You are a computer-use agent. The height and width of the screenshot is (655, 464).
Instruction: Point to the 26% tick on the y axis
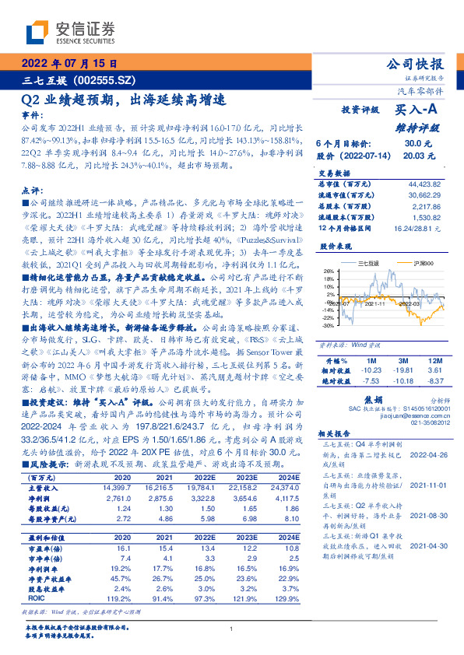328,272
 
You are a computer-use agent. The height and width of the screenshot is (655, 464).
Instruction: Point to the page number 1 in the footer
232,629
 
